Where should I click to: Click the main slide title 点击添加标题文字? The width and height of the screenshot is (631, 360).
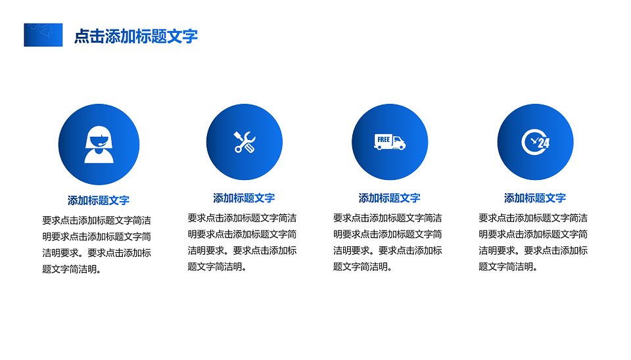coord(136,36)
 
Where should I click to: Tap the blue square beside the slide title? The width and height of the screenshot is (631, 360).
coord(43,35)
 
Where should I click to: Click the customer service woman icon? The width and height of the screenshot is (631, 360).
coord(99,145)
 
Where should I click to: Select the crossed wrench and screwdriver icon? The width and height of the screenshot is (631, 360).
coord(245,142)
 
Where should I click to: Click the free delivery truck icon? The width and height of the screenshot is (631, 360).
coord(390,142)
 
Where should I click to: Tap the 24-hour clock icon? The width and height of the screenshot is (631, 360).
coord(535,142)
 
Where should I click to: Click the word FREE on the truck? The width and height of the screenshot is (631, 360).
coord(383,139)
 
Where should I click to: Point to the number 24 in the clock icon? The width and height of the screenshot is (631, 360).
coord(544,143)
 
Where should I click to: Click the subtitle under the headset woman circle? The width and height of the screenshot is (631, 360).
coord(99,200)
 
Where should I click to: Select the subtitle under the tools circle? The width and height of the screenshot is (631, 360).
coord(245,198)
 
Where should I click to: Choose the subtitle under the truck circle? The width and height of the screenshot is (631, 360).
coord(390,198)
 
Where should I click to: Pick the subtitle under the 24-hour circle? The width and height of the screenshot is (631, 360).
coord(535,198)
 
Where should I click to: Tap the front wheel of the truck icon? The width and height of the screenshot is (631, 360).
coord(401,148)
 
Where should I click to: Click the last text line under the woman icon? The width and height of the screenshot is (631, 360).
coord(72,269)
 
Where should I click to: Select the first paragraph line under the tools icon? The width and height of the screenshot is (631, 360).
coord(243,218)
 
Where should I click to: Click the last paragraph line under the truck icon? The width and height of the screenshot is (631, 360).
coord(363,267)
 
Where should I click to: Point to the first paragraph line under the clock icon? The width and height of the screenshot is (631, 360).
coord(533,218)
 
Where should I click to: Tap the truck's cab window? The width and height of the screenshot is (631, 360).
coord(397,140)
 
